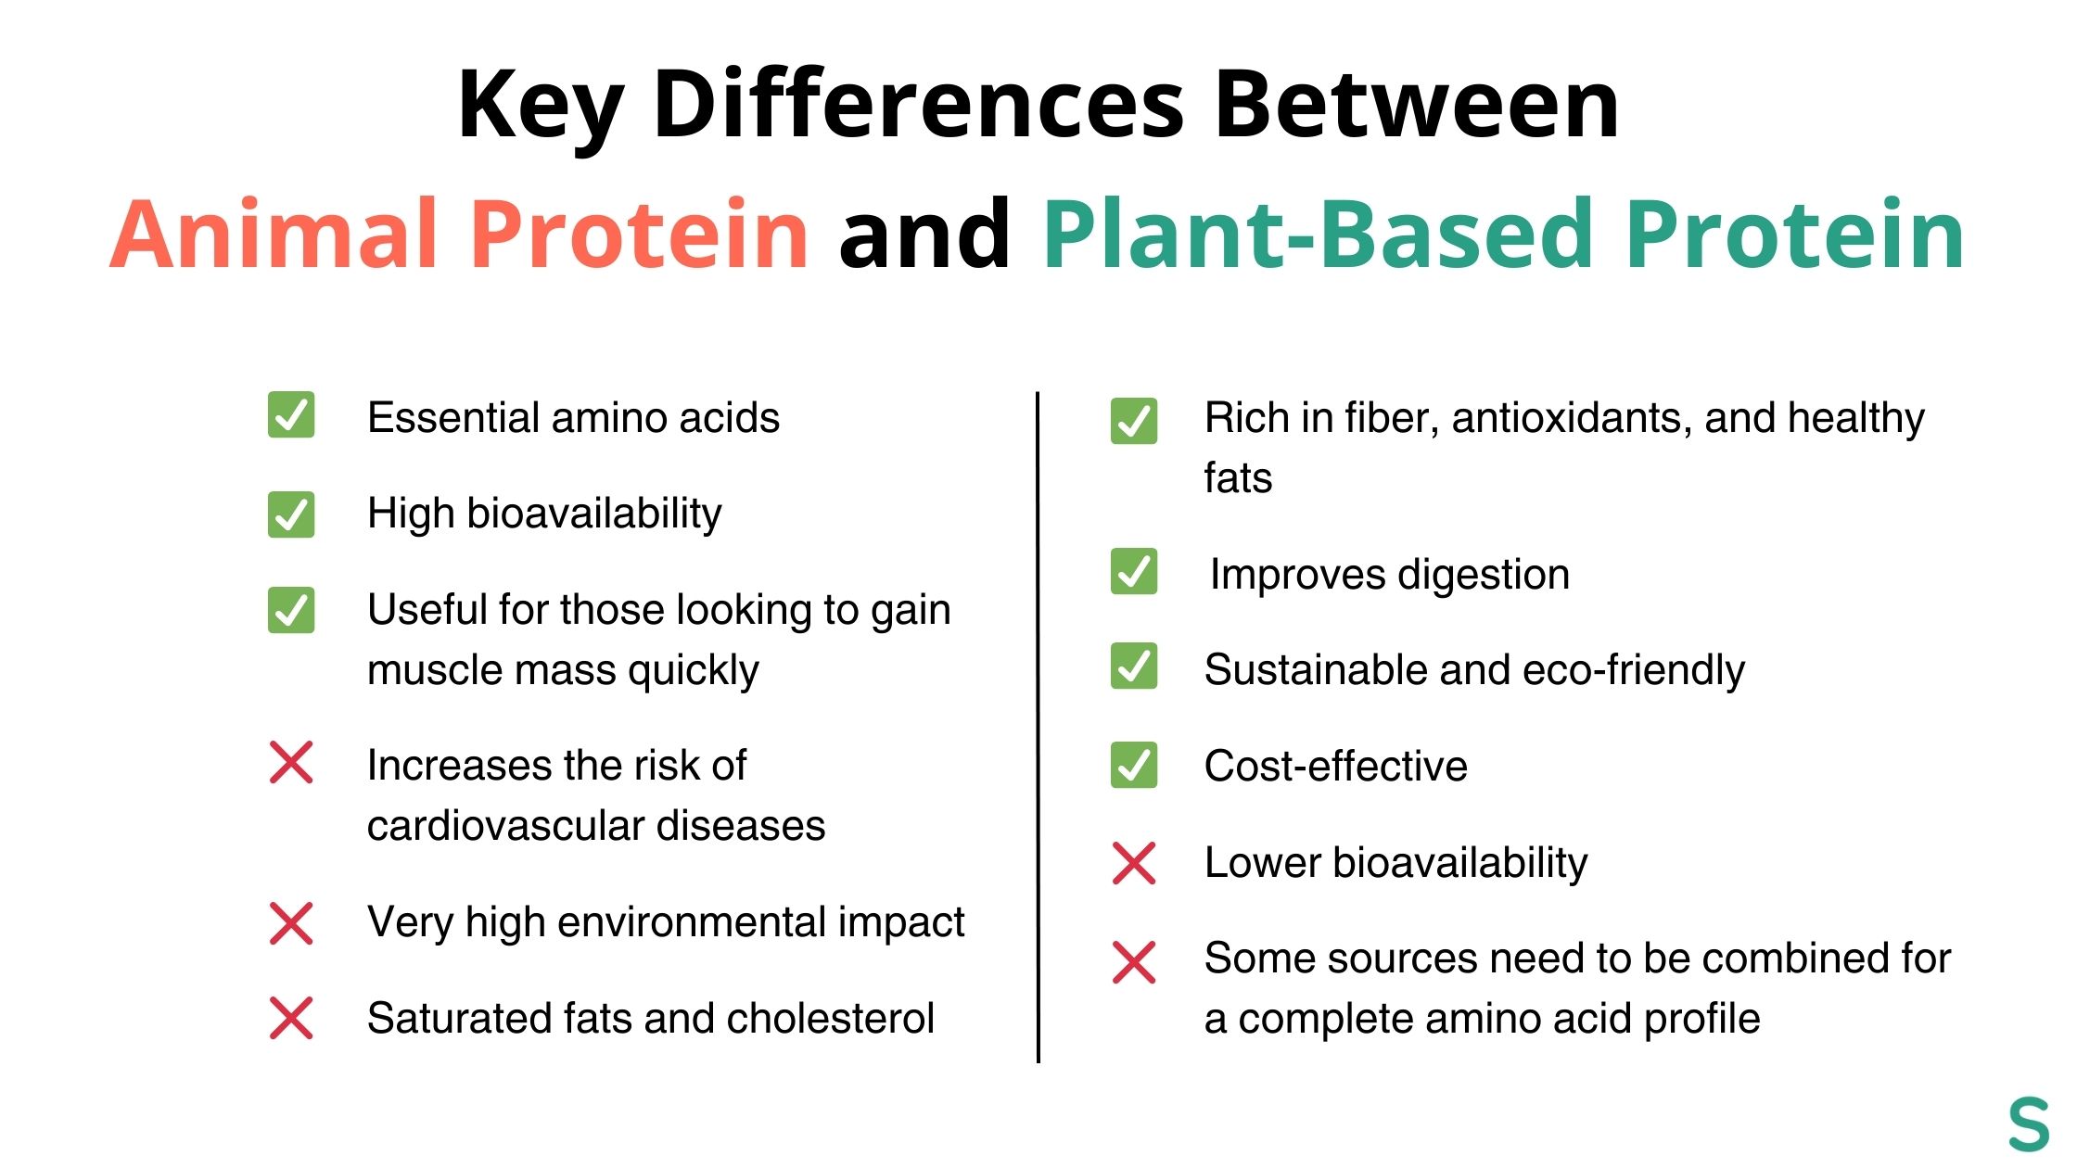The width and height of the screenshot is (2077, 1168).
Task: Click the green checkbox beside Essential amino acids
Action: [291, 414]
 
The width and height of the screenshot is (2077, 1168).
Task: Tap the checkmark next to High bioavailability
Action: [291, 514]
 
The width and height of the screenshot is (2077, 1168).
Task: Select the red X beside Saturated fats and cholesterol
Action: [291, 1018]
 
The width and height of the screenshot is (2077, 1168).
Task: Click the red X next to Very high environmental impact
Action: [291, 923]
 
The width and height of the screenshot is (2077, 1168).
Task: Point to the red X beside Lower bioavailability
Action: [1133, 863]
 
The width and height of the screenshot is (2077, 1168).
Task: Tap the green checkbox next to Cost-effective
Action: [1133, 765]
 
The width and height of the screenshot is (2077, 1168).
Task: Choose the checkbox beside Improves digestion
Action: [1133, 572]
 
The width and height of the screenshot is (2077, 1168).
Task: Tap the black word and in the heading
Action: [924, 234]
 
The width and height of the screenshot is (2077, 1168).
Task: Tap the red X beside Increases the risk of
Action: [291, 762]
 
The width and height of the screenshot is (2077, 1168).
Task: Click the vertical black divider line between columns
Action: [1038, 728]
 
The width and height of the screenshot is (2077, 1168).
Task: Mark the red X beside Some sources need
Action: [1133, 962]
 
